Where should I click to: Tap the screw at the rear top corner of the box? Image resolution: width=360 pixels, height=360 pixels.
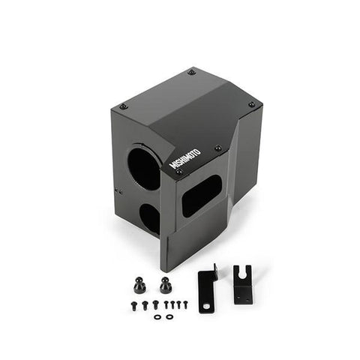192,72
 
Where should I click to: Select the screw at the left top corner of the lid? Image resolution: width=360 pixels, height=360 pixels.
124,106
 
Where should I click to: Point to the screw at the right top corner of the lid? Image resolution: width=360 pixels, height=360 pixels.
251,104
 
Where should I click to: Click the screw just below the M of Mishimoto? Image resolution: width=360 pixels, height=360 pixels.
178,172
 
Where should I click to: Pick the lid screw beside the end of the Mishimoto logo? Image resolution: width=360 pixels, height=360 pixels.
217,148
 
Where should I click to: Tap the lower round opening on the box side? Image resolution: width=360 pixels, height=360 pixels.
149,217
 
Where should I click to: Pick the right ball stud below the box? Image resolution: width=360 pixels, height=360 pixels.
164,286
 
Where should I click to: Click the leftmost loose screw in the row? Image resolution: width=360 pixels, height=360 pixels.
133,305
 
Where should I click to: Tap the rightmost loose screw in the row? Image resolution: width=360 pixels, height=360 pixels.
184,304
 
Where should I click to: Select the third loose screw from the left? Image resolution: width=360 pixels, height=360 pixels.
155,304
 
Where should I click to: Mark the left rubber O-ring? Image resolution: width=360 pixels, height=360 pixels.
156,317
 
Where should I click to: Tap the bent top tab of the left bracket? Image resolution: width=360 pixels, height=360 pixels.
213,268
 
